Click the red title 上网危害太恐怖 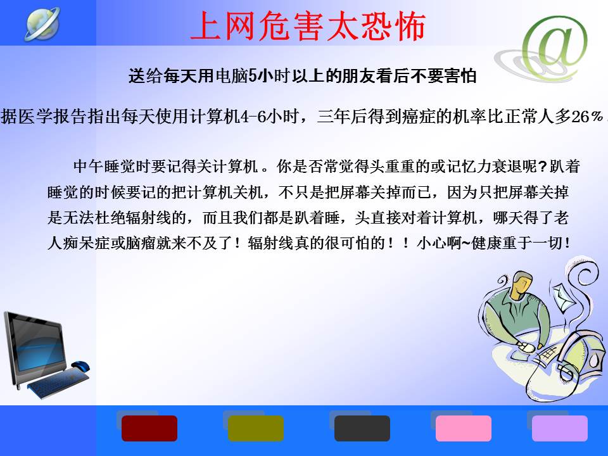coord(308,26)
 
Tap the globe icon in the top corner coord(42,23)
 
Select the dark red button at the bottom coord(149,428)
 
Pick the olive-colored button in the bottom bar coord(255,428)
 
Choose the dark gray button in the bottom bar coord(362,428)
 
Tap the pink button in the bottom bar coord(464,428)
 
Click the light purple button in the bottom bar coord(559,428)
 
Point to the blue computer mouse coord(80,365)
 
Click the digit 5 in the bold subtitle coord(253,75)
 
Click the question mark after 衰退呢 coord(543,167)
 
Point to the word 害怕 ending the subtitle coord(460,75)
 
